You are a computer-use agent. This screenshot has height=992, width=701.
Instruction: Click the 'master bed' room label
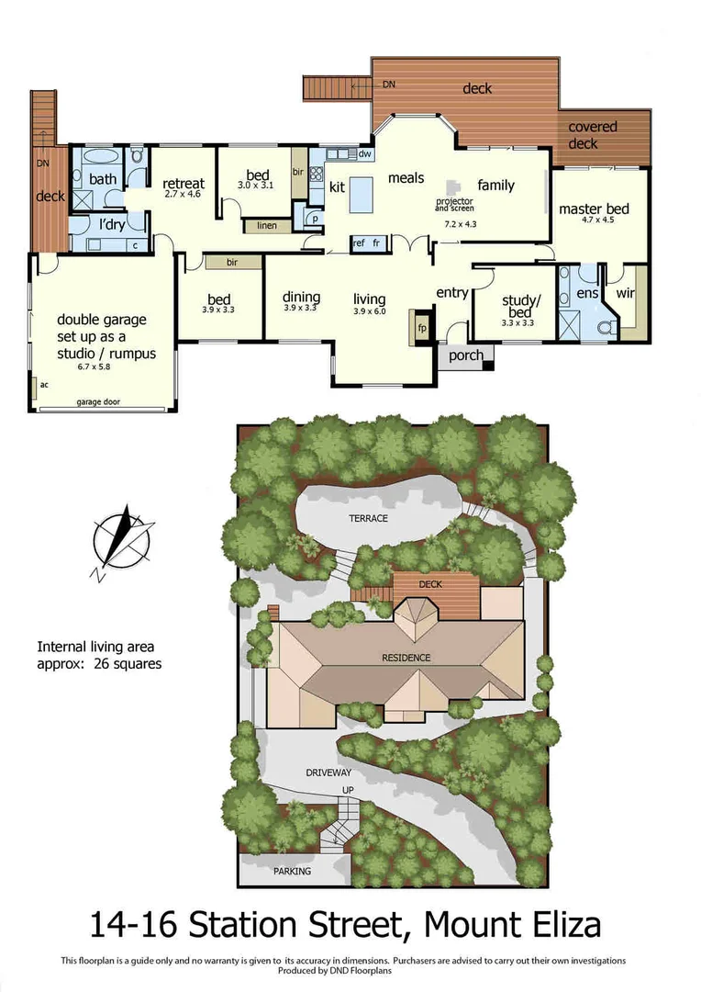593,209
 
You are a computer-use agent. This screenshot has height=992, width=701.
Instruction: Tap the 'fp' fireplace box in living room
422,328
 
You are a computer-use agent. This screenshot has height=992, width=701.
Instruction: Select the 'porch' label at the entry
465,355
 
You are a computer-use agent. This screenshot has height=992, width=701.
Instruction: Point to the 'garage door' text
98,402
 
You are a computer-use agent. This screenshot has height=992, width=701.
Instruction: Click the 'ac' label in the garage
43,384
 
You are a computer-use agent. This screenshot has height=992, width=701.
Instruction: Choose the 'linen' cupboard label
267,225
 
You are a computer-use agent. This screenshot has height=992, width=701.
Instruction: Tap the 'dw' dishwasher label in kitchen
364,154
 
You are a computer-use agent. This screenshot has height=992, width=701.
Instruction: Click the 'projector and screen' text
454,204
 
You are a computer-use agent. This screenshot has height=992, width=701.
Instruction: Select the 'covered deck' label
594,135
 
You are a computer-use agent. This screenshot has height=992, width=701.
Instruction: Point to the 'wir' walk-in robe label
625,294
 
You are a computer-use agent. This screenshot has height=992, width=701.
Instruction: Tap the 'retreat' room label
184,183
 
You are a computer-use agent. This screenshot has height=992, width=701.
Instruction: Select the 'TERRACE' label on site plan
368,518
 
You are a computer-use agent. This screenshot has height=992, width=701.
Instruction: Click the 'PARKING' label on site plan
291,871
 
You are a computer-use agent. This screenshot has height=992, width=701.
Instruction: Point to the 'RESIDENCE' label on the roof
407,658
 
